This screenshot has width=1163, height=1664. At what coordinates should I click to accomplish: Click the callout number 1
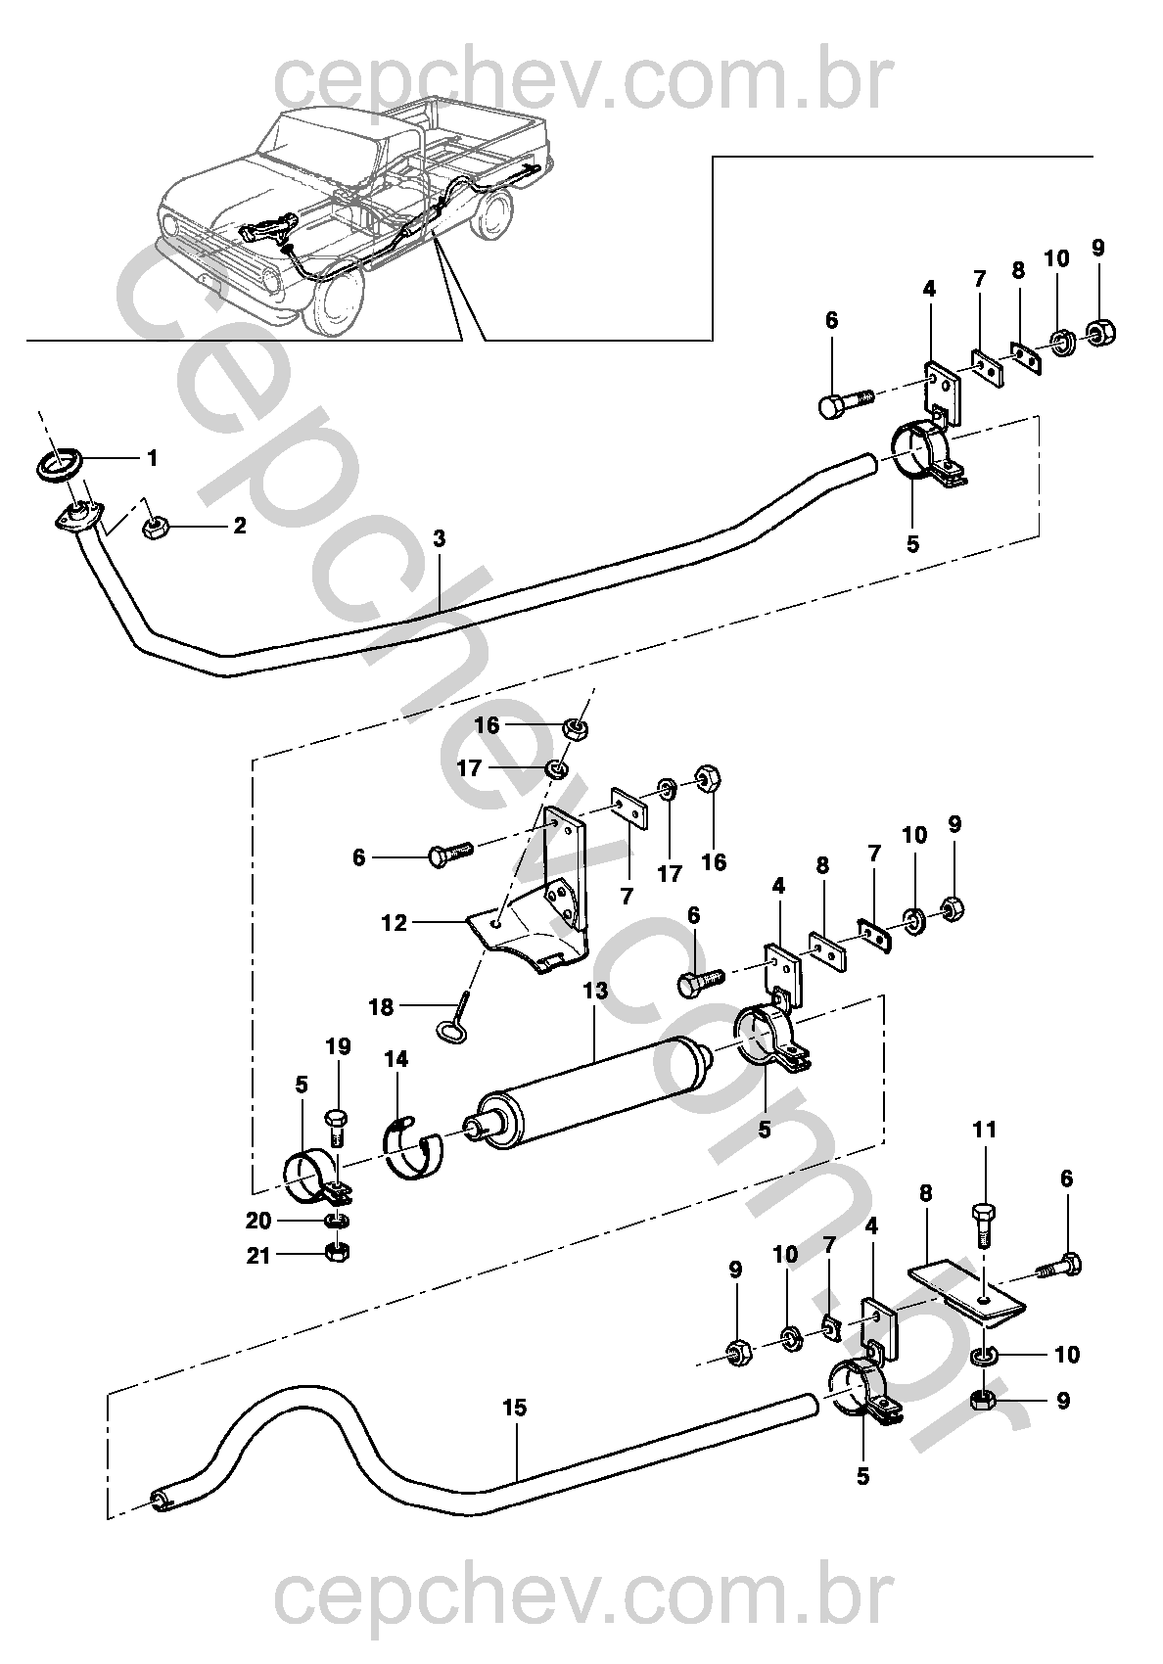coord(152,457)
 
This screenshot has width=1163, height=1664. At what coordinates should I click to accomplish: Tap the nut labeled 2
coord(154,530)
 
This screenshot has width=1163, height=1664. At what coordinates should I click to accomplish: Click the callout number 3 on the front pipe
coord(440,537)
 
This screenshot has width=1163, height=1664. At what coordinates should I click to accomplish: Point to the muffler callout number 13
coord(595,991)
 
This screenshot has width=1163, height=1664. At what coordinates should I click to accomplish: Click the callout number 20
coord(257,1221)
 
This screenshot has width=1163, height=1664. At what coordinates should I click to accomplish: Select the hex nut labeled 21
coord(335,1253)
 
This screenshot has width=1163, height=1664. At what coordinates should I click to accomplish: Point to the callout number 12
coord(394,922)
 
